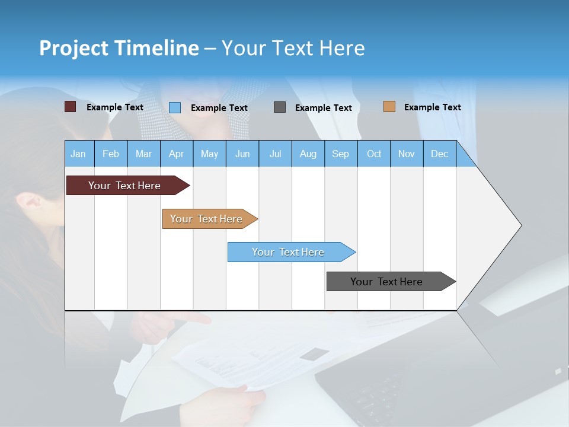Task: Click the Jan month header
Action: click(x=79, y=154)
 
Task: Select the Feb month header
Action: click(x=111, y=154)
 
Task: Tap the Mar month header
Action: click(x=143, y=154)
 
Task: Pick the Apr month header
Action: click(x=177, y=154)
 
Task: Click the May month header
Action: click(x=209, y=154)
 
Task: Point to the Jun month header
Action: click(x=242, y=154)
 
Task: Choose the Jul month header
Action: click(x=275, y=154)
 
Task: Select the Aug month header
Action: click(x=308, y=154)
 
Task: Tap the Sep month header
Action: click(x=341, y=154)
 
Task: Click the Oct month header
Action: click(x=374, y=154)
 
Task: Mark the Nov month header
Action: click(x=407, y=154)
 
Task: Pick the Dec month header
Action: click(x=440, y=154)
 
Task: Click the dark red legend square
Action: click(x=71, y=107)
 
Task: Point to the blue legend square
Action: click(x=175, y=107)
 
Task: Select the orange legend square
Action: click(x=389, y=107)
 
